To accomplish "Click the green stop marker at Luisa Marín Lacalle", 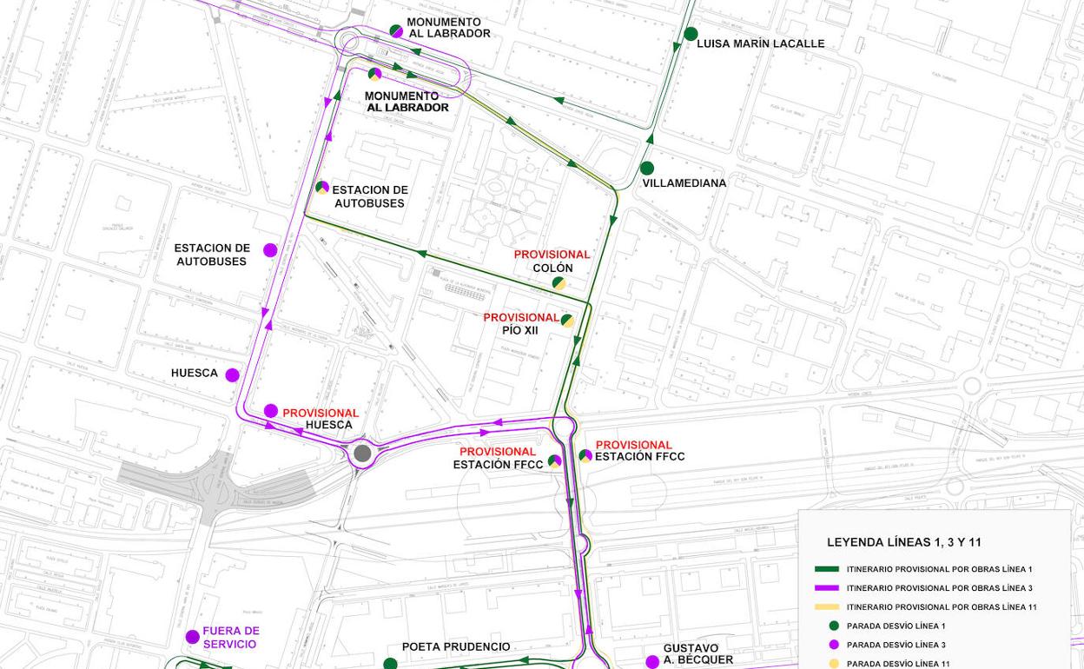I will (x=691, y=34).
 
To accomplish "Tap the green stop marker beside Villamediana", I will (x=647, y=169).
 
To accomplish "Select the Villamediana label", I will (x=684, y=183).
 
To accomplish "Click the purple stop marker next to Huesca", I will (x=232, y=375).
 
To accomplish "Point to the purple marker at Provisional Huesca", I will (x=271, y=411).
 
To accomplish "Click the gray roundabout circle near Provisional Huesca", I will (x=362, y=453).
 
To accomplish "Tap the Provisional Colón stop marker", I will (x=559, y=283).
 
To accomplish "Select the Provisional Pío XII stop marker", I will (x=567, y=321).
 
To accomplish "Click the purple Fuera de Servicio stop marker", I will (x=193, y=637).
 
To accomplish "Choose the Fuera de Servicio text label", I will (x=231, y=638).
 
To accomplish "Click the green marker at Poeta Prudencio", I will (x=390, y=664).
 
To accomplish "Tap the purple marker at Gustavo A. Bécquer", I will (x=652, y=662).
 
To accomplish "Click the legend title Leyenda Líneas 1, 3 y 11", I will (x=903, y=542).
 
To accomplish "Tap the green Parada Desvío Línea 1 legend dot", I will (x=834, y=626).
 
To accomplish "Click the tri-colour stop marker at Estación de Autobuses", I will (x=322, y=187).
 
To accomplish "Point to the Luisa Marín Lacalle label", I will (x=760, y=43).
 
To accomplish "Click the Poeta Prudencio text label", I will (x=456, y=647).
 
